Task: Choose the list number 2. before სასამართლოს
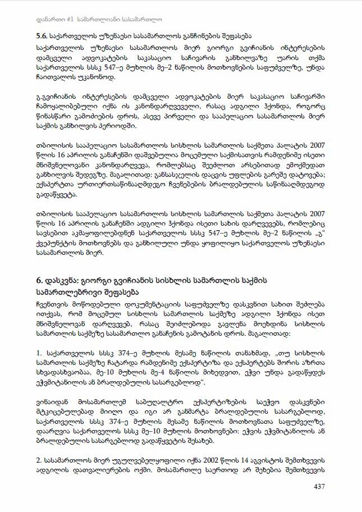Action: pos(38,456)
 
